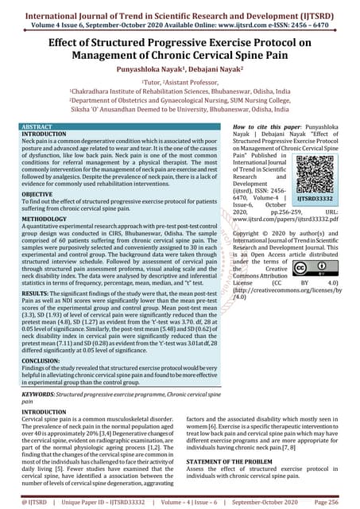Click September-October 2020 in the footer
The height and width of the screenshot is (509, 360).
click(x=266, y=502)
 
